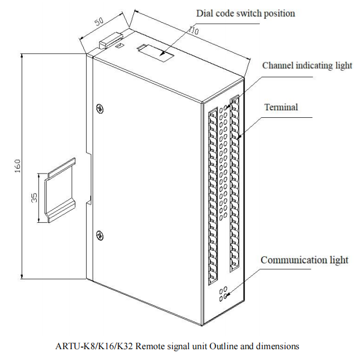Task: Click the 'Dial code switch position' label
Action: [246, 14]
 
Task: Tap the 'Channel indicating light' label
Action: [307, 66]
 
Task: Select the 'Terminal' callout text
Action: [281, 107]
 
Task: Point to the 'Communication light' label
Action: [304, 260]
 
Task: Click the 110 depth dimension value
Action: [193, 31]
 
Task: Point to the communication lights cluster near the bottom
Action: [222, 294]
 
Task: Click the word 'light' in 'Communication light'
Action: [338, 260]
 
